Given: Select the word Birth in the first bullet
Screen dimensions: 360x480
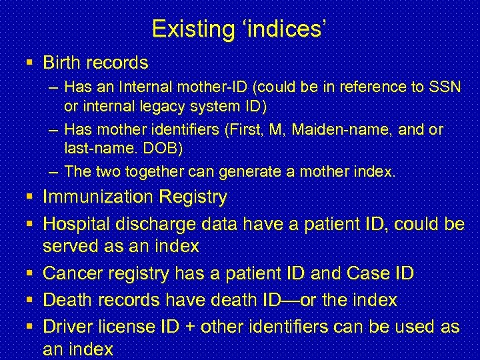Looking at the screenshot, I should [x=62, y=63].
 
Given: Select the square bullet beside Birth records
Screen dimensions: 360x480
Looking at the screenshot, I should [x=31, y=63].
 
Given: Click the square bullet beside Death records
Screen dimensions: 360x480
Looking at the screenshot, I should [x=31, y=301].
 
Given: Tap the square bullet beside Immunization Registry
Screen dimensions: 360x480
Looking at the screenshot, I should [x=31, y=197].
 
